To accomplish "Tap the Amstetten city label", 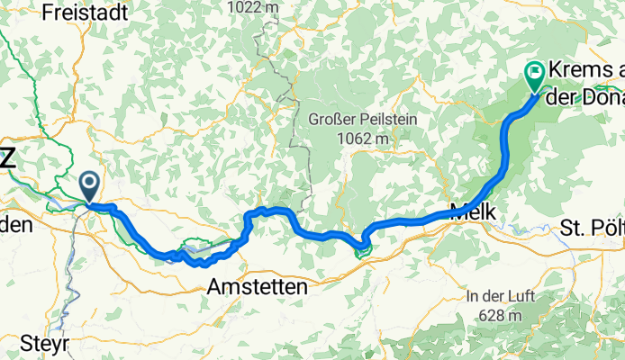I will click(x=257, y=287).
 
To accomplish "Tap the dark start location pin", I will click(x=90, y=185).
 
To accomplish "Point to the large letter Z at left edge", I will click(x=6, y=159).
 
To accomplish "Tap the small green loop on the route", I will click(x=363, y=247).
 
